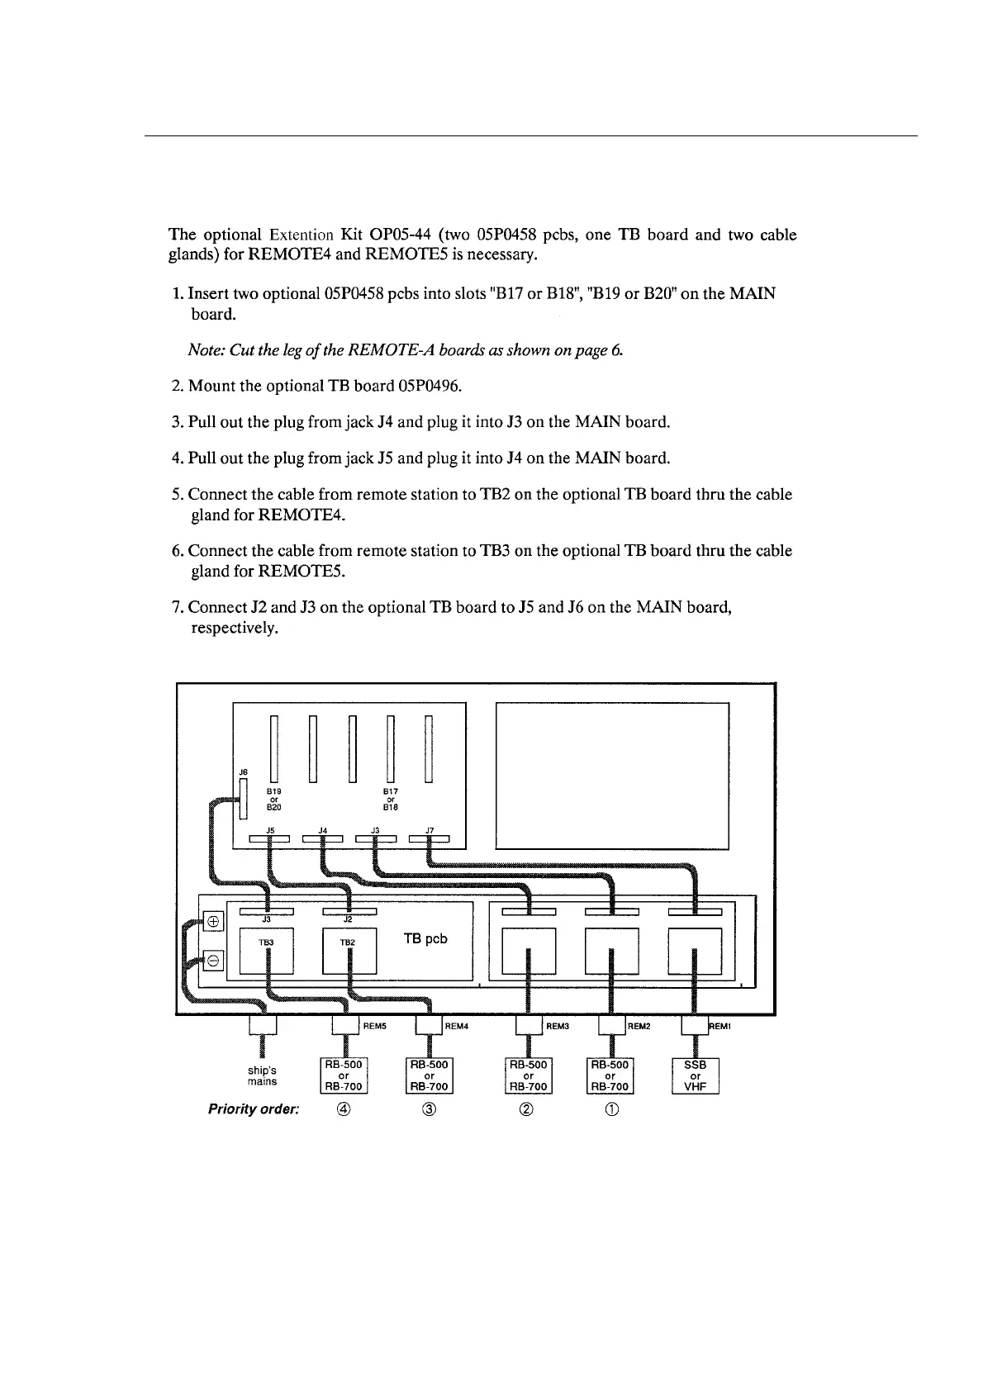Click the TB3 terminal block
(266, 951)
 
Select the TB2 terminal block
(349, 951)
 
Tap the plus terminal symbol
(212, 921)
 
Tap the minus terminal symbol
(212, 961)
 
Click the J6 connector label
(243, 772)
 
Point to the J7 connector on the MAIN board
(429, 841)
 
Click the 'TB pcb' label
(425, 938)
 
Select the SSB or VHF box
(696, 1076)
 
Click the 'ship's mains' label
(262, 1075)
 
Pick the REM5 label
(375, 1027)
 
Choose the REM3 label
(558, 1027)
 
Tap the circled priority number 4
(344, 1110)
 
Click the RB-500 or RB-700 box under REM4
(430, 1076)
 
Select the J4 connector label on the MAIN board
(323, 830)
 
